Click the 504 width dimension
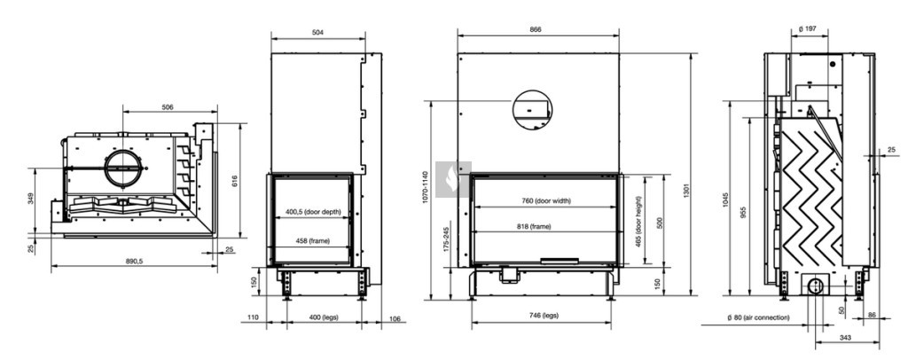[x=317, y=33]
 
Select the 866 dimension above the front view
[x=536, y=29]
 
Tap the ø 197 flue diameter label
[x=807, y=28]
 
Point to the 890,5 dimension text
[x=134, y=261]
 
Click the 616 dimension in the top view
[x=235, y=181]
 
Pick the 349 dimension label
[x=31, y=198]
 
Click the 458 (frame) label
[x=312, y=240]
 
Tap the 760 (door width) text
[x=545, y=200]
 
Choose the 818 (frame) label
[x=534, y=227]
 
